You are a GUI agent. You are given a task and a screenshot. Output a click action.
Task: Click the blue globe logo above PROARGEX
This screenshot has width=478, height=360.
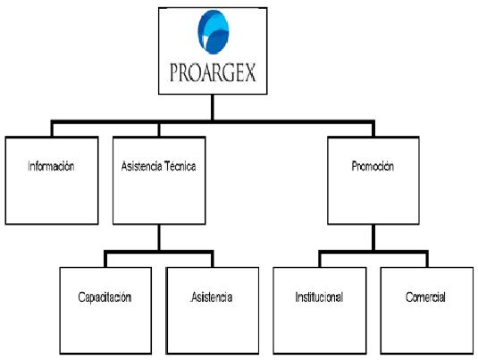coord(213,32)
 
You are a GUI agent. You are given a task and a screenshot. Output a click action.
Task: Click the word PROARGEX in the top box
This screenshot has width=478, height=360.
coord(213,72)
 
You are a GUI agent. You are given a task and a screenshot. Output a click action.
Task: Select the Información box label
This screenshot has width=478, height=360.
coord(51,166)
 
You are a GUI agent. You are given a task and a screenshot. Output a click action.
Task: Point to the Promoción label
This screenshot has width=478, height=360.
coord(373,166)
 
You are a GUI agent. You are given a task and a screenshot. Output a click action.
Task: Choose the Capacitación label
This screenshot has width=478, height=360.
coord(105,297)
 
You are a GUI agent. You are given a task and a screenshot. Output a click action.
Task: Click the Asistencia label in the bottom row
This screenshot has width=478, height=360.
coord(212,297)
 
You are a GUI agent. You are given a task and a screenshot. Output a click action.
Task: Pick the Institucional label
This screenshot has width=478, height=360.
coord(319,297)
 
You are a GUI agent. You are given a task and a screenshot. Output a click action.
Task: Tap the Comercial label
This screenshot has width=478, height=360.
coord(425,297)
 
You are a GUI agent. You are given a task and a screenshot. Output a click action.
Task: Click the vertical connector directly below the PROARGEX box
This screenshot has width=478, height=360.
coord(213,107)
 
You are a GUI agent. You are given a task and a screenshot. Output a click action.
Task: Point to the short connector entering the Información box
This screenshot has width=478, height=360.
coord(52,130)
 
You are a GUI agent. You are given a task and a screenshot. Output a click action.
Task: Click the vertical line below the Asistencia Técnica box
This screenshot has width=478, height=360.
coord(159,238)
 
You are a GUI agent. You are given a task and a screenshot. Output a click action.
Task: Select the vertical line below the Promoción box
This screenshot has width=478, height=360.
coord(373,238)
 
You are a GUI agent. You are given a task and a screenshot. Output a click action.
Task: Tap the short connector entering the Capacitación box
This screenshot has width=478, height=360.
coord(105,260)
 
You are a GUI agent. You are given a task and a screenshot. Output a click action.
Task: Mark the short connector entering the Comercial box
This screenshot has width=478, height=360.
coord(427,260)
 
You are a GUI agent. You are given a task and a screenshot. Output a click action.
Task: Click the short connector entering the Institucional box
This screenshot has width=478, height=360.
coord(320,260)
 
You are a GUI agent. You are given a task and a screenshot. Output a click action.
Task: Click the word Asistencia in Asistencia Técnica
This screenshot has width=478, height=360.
coord(141,166)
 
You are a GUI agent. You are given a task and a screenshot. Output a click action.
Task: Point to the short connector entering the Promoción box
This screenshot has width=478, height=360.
coord(373,130)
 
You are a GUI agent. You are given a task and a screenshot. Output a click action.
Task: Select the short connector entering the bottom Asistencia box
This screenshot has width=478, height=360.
coord(212,260)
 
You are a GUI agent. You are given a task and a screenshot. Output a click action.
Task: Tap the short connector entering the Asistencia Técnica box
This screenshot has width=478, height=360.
coord(159,130)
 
